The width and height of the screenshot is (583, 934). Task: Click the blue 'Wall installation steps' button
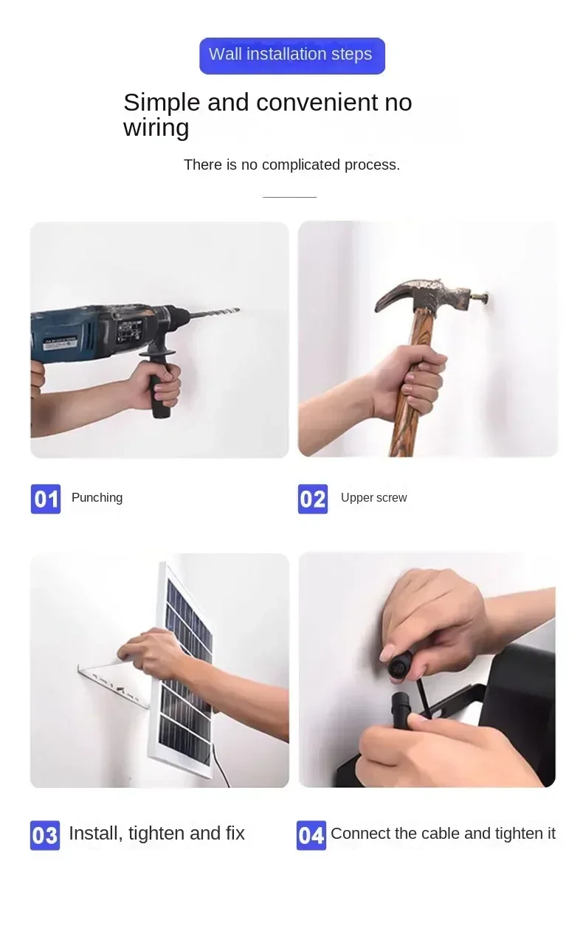pos(291,55)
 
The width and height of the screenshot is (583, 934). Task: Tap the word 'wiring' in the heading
pos(156,128)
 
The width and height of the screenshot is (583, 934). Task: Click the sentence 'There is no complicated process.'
pos(291,165)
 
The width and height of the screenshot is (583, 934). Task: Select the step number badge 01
pos(45,499)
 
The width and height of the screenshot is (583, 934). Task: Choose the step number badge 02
pos(312,499)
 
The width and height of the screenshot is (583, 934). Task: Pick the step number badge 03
pos(44,835)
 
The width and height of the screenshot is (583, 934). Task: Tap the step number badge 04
pos(311,835)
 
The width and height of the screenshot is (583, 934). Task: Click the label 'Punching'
pos(97,498)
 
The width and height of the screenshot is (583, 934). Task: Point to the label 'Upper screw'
pos(373,498)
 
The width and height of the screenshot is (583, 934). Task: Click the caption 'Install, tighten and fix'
pos(156,834)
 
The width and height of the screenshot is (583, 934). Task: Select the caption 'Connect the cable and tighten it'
pos(443,834)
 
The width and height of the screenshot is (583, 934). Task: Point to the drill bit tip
pos(236,310)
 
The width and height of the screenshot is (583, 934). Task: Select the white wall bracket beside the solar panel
pos(111,682)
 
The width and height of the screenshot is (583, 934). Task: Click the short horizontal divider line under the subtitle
pos(289,197)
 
